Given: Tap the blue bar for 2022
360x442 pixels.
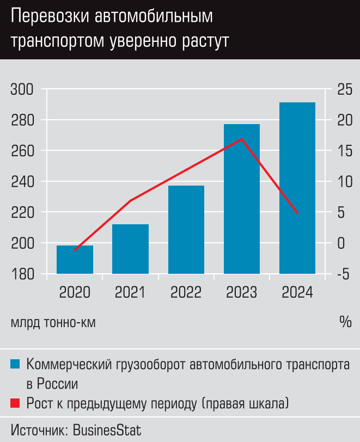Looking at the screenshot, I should coord(186,229).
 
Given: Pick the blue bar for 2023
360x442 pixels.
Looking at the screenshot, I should coord(241,199).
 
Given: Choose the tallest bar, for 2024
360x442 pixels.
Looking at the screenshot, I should coord(297,188).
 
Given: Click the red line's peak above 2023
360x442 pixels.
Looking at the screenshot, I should coord(241,139).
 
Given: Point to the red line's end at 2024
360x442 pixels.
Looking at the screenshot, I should coord(297,213).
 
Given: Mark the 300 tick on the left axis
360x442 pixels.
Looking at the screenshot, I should coord(22,89).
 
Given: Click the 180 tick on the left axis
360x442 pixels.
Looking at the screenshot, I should coord(22,274).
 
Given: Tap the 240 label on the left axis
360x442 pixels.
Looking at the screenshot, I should coord(22,181).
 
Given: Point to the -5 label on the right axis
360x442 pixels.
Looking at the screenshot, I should coord(343,274).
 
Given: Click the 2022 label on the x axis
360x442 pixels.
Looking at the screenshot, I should coord(186,292).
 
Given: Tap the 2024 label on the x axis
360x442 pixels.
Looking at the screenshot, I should coord(297,292).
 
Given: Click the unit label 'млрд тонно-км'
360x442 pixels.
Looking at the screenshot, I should coord(53,322).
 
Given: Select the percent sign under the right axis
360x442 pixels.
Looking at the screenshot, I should coord(345,322).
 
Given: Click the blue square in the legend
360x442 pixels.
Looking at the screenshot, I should coord(15,364).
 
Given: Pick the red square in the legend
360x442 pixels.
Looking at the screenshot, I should coord(15,403).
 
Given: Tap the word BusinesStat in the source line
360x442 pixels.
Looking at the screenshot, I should coord(107,430).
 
